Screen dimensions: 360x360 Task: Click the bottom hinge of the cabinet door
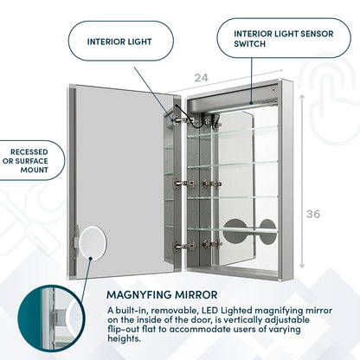pyautogui.click(x=179, y=246)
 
